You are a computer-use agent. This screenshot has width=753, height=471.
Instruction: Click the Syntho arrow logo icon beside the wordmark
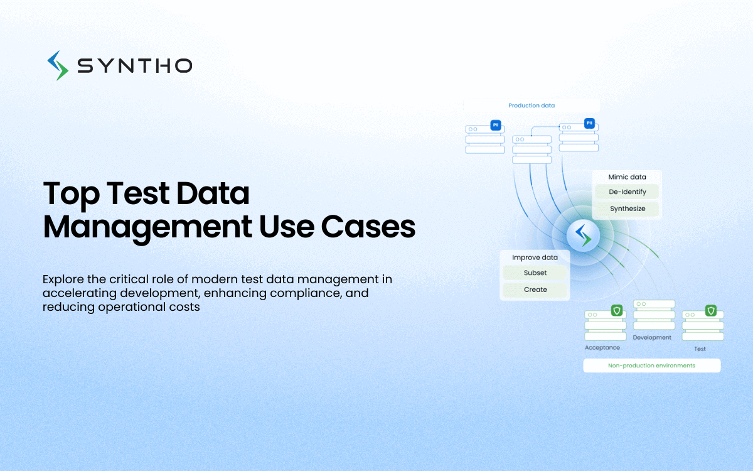point(58,65)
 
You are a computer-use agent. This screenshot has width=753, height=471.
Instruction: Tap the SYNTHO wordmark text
point(135,65)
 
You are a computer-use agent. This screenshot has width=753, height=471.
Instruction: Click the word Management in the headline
point(147,227)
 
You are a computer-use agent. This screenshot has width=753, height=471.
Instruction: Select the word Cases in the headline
point(368,227)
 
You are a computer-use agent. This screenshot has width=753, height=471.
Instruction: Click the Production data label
point(531,106)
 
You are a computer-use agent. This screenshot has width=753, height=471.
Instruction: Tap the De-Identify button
point(627,192)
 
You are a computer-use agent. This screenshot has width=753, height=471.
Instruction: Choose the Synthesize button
point(627,208)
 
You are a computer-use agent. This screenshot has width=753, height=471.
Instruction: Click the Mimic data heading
point(627,177)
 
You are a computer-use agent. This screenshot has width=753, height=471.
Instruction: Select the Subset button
point(535,273)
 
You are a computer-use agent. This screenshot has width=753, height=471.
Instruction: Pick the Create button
point(535,290)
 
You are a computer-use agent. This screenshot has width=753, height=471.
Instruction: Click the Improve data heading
point(535,257)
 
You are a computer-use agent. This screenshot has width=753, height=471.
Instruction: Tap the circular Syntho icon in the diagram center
point(583,235)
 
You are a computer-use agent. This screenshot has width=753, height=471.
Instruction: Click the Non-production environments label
point(651,365)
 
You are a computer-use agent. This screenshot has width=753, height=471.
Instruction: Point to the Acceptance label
point(602,347)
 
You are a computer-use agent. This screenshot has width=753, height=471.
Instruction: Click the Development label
point(652,337)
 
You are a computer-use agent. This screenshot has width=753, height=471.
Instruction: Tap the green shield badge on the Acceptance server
point(617,310)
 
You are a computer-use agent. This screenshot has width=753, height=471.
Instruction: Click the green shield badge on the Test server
point(710,310)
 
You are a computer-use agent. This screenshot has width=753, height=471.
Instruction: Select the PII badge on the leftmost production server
point(496,125)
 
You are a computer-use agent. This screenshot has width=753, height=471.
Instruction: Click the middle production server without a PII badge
point(532,149)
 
